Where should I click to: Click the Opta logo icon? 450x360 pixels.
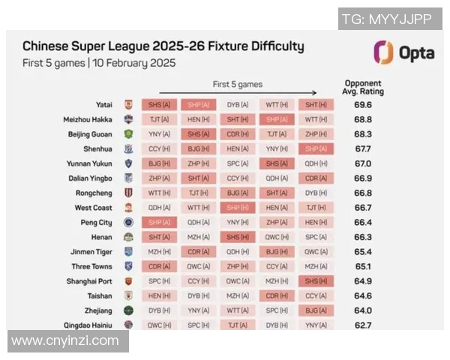coord(383,52)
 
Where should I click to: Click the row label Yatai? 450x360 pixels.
coord(103,105)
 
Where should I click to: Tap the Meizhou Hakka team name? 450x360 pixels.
coord(88,120)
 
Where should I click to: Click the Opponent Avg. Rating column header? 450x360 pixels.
coord(364,87)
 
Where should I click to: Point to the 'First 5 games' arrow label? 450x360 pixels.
coord(238,85)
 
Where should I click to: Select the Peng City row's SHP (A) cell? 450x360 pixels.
coord(159,223)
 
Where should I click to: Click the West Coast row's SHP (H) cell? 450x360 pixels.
coord(238,208)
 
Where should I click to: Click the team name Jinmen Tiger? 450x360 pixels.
coord(91,252)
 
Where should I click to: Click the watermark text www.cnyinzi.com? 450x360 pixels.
coord(65,341)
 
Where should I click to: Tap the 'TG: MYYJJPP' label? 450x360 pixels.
coord(385,18)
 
